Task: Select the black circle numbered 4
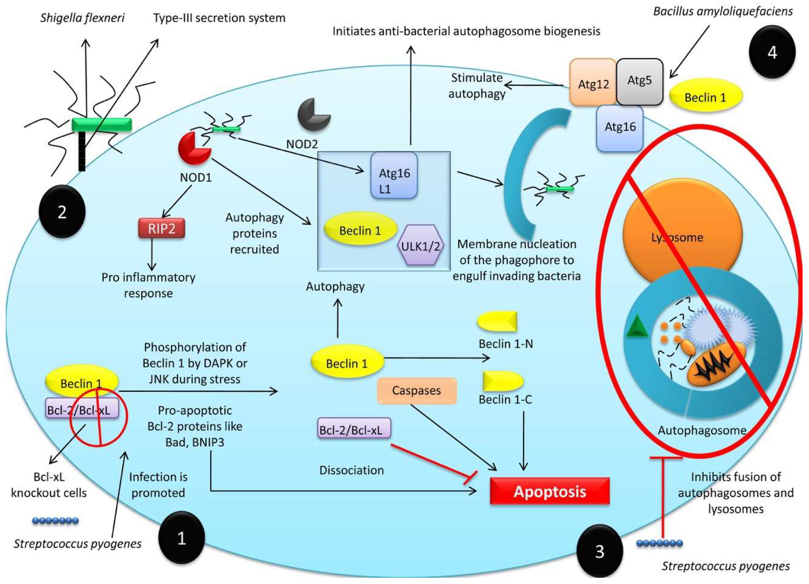click(x=772, y=52)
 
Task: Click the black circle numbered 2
click(x=62, y=212)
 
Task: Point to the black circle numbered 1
click(x=181, y=538)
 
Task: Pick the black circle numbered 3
click(x=600, y=551)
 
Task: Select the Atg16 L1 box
click(x=394, y=175)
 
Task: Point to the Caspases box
click(x=417, y=391)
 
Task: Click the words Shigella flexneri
click(x=82, y=18)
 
